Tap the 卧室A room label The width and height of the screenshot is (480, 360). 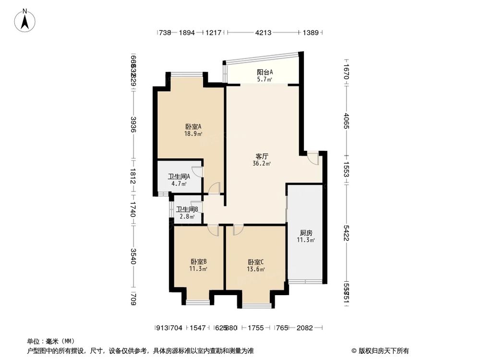pos(193,127)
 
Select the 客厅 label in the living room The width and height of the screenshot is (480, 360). pos(262,156)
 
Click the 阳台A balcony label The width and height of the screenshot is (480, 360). pos(264,72)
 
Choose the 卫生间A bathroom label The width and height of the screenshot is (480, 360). pos(179,176)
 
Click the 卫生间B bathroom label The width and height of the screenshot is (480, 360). pos(187,209)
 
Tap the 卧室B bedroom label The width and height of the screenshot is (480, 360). pos(198,262)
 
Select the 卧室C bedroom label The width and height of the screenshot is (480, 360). pos(256,262)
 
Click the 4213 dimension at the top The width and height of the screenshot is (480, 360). pos(264,33)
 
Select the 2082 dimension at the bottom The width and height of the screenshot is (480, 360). pos(305,328)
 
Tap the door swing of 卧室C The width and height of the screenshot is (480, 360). pos(237,230)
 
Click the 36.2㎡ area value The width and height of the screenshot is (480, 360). pos(262,164)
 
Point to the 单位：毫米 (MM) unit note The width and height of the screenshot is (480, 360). pos(46,341)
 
